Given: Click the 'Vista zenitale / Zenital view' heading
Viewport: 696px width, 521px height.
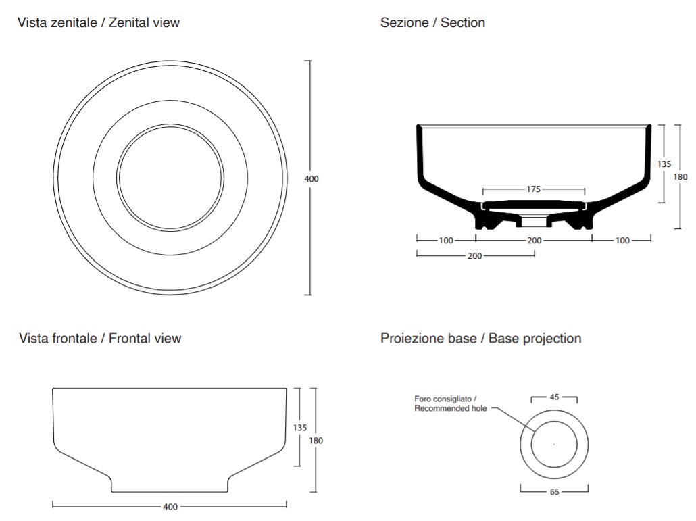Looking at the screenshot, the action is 99,22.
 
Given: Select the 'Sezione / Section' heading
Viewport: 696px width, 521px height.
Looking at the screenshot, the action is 432,22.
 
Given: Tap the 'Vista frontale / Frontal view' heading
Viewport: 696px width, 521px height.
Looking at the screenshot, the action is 100,338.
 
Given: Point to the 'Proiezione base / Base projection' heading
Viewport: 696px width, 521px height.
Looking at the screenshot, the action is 480,338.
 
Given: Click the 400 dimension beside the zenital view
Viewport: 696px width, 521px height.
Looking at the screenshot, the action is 312,179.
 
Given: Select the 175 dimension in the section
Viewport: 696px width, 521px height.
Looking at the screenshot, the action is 534,189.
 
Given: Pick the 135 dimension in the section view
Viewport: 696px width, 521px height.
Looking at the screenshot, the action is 664,164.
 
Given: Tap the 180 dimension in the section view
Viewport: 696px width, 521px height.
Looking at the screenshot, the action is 680,176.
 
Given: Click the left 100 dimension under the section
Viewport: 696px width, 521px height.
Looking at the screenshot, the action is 446,241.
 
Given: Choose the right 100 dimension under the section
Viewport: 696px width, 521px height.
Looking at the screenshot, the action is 622,241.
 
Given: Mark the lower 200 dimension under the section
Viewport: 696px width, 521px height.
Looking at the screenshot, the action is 475,256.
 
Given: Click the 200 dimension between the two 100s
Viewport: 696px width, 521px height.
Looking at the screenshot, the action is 535,241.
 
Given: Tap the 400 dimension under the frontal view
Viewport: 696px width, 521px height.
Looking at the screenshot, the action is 170,507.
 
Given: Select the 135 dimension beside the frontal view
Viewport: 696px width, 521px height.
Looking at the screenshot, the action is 299,428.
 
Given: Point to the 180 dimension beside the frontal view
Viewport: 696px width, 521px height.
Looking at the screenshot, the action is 316,441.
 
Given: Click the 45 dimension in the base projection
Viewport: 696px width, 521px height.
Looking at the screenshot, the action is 554,397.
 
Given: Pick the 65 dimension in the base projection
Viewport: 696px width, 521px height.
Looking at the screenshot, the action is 554,492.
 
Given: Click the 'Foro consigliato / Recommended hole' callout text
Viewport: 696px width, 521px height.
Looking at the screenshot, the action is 451,403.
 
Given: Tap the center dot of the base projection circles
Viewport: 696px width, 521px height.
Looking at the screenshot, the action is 554,444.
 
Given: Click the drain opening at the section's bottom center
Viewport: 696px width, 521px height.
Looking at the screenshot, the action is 534,222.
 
